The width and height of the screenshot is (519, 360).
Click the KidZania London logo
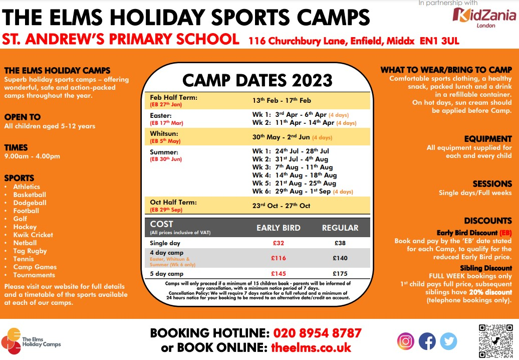click(484, 17)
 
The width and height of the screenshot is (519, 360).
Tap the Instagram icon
click(405, 341)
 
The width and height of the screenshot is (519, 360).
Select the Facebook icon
click(427, 341)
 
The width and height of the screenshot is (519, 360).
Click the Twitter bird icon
click(448, 341)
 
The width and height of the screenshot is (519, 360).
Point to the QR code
click(495, 341)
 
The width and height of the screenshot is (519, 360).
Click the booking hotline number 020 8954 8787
click(318, 333)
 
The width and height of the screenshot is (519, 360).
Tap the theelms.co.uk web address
click(311, 347)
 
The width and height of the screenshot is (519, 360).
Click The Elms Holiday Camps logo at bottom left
click(31, 341)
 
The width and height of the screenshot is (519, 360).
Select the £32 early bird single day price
click(279, 243)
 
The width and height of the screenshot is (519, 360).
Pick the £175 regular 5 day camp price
click(340, 274)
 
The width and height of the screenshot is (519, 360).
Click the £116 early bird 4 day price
click(279, 258)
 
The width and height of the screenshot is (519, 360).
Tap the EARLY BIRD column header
click(279, 228)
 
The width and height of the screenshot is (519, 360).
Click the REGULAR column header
click(340, 228)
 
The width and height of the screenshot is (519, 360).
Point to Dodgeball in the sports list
click(30, 203)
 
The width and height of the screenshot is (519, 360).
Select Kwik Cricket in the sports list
click(33, 235)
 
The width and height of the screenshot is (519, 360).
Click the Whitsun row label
click(164, 133)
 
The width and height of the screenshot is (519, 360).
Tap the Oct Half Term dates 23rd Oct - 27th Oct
click(281, 206)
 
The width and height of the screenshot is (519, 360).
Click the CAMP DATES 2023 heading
click(257, 81)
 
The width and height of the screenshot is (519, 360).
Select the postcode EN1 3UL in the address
click(439, 41)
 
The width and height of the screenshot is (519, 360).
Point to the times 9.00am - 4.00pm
click(32, 156)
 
